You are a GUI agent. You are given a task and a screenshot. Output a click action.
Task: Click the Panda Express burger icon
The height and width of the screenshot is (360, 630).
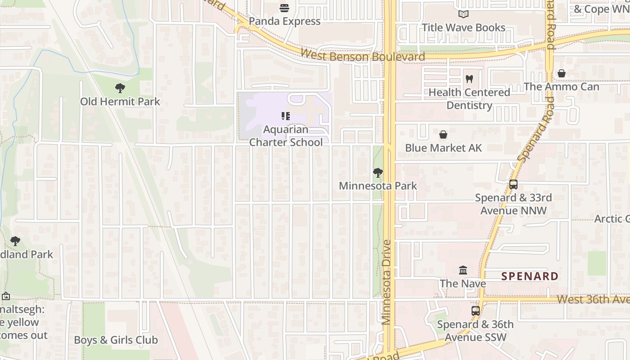click(x=284, y=8)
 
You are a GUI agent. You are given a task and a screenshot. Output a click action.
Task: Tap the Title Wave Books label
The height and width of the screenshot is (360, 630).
click(x=463, y=27)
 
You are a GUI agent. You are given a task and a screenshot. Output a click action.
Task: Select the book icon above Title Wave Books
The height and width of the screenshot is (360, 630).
click(x=463, y=14)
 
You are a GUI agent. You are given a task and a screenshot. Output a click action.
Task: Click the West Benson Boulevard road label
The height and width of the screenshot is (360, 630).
click(x=362, y=56)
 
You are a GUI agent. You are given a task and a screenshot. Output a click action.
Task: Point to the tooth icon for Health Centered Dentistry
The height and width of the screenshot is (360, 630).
click(x=469, y=79)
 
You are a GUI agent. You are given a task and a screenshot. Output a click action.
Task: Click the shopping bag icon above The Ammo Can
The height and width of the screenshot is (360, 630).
click(x=562, y=73)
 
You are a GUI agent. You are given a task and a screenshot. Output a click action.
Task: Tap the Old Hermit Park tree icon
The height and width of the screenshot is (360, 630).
click(x=120, y=88)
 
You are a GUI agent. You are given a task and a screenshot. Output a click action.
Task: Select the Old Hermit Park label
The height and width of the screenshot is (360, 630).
click(x=120, y=102)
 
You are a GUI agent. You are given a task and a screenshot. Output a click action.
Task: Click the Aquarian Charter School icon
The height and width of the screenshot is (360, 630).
click(x=286, y=116)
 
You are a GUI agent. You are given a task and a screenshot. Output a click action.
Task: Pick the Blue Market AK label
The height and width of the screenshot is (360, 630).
click(x=443, y=148)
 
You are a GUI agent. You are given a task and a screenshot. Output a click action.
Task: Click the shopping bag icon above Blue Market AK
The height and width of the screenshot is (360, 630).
click(x=443, y=135)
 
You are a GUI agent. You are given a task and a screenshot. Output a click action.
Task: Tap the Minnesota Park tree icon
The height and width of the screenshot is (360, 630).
click(x=378, y=173)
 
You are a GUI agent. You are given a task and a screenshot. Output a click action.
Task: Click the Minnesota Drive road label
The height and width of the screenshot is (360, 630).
click(x=386, y=282)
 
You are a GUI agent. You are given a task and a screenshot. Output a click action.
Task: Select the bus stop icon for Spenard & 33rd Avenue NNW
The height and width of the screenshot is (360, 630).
click(x=513, y=184)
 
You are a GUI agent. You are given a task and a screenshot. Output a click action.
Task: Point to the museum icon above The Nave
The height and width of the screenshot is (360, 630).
click(x=463, y=270)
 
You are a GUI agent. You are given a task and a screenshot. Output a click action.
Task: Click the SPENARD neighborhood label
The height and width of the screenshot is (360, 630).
click(x=530, y=276)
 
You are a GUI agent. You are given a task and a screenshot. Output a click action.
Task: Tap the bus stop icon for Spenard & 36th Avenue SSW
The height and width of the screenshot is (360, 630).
click(x=475, y=311)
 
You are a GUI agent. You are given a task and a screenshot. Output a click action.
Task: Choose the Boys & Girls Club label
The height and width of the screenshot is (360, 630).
click(x=116, y=340)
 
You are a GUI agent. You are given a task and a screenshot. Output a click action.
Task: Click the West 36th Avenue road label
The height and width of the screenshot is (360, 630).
click(x=593, y=299)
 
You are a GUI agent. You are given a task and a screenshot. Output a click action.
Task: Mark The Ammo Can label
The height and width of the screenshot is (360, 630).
click(x=561, y=86)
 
